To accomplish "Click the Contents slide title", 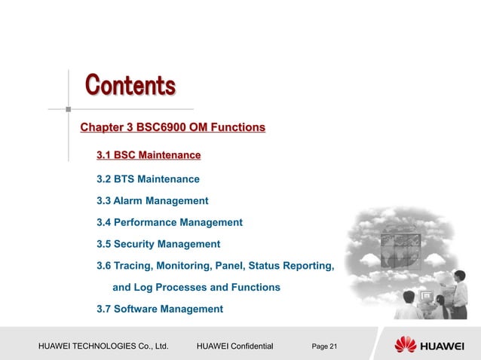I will click(130, 85).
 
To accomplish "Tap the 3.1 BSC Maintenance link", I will click(149, 156).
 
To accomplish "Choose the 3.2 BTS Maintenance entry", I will click(148, 179).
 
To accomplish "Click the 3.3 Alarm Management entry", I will click(152, 201).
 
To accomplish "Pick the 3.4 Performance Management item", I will click(170, 222).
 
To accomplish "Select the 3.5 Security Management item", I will click(158, 244).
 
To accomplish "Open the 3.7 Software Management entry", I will click(160, 309).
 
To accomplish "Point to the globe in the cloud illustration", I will click(402, 249).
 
